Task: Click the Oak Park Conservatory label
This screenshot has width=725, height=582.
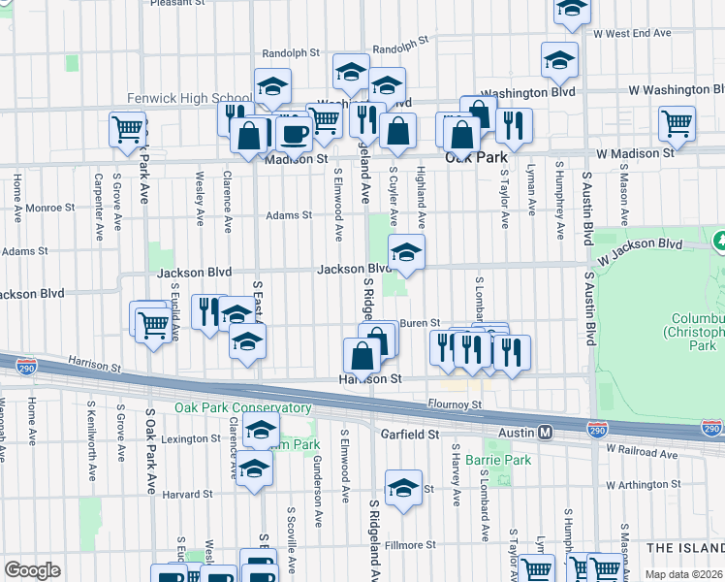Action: point(242,408)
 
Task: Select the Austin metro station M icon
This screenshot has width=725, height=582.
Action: point(546,432)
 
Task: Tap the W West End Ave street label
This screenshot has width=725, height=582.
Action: point(633,33)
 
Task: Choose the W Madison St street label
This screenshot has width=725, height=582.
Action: point(635,153)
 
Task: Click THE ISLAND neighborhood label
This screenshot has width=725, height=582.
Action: point(684,548)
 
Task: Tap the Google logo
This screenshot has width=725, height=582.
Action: point(32,570)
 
